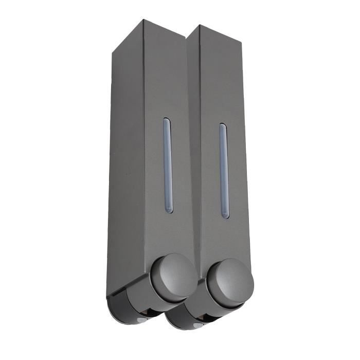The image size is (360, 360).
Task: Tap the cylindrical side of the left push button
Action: point(157,288)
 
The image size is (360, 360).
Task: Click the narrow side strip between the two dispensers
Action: point(194,154)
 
